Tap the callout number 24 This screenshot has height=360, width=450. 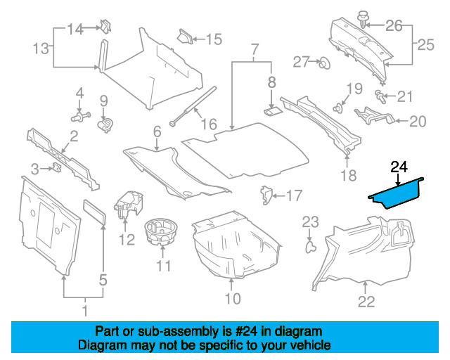[399, 167]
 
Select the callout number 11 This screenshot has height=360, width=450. [163, 266]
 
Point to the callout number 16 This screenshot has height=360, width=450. [210, 125]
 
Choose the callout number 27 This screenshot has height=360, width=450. [302, 62]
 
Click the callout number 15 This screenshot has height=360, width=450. [213, 39]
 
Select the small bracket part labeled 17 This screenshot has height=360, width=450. [267, 193]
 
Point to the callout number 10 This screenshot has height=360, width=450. [232, 299]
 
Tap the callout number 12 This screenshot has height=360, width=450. [126, 239]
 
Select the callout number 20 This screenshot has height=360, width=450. [418, 122]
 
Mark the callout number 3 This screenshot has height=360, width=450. [35, 167]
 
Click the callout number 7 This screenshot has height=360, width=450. [255, 50]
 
